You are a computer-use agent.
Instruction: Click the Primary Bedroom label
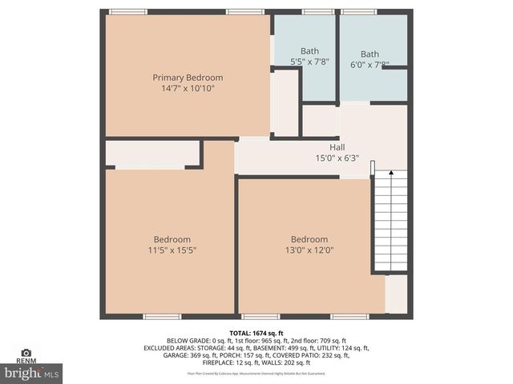[188, 78]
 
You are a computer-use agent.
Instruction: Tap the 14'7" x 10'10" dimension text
[188, 90]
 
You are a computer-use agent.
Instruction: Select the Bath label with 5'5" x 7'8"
[309, 51]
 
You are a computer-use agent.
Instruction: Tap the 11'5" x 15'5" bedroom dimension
[172, 250]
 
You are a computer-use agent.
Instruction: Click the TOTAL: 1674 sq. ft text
[256, 333]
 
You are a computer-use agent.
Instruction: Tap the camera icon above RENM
[26, 352]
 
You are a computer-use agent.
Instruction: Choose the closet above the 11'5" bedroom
[152, 154]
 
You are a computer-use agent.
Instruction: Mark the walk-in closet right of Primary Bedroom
[285, 102]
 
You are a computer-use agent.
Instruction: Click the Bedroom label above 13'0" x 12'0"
[309, 239]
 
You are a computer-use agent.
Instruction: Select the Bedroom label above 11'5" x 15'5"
[172, 239]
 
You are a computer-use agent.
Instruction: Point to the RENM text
[26, 361]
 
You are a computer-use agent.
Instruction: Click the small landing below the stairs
[397, 294]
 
